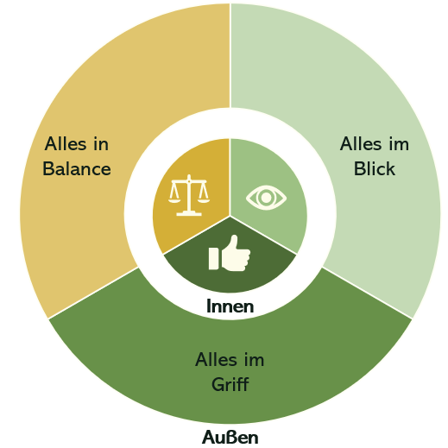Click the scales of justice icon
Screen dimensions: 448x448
tap(189, 195)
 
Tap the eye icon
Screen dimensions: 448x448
tap(266, 198)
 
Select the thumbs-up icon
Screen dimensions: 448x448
tap(230, 253)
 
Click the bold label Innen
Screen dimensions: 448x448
tap(230, 306)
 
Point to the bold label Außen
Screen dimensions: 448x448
tap(230, 438)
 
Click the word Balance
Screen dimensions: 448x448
tap(77, 168)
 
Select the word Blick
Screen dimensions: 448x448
tap(374, 168)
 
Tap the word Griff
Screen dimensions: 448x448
tap(230, 384)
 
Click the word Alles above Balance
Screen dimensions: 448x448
tap(66, 143)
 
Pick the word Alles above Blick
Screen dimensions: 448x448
tap(361, 143)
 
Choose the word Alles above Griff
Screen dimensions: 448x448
tap(217, 359)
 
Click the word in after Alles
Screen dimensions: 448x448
tap(101, 143)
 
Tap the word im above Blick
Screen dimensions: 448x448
tap(399, 143)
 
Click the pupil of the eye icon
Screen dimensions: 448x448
tap(266, 198)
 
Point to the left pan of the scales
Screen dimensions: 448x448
tap(174, 200)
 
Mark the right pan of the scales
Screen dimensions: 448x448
tap(204, 200)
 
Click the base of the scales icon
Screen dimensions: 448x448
tap(189, 213)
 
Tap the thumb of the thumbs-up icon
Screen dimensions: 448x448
tap(234, 243)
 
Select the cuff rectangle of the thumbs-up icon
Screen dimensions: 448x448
tap(213, 259)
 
